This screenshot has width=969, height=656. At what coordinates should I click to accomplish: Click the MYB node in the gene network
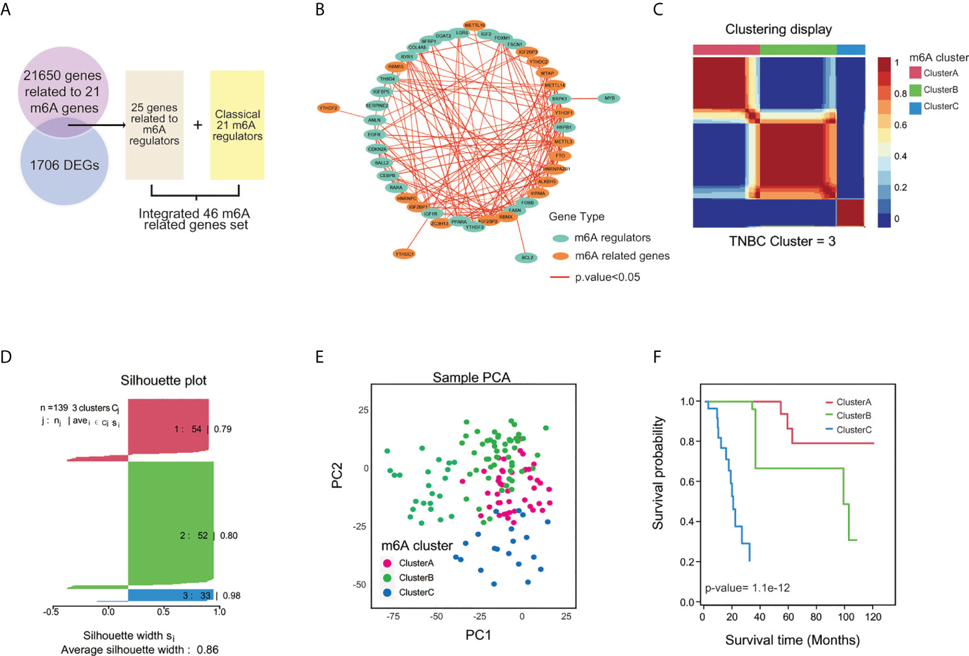tap(609, 98)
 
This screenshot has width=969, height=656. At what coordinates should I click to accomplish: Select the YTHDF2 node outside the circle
tap(328, 108)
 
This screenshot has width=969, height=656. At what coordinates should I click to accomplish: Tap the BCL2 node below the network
tap(526, 258)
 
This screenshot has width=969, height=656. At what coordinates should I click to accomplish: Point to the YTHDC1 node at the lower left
tap(404, 254)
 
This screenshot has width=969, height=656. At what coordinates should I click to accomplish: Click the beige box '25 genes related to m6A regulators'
tap(154, 125)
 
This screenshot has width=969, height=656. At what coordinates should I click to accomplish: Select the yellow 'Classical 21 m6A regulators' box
tap(237, 125)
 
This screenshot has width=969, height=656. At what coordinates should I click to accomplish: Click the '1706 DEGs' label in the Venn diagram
tap(65, 165)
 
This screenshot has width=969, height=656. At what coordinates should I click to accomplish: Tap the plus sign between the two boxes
tap(197, 125)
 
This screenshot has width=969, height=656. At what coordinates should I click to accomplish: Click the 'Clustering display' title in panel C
tap(778, 29)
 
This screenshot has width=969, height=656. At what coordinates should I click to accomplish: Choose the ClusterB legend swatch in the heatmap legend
tap(915, 90)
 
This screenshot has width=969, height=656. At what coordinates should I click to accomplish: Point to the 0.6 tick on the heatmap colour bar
tap(900, 125)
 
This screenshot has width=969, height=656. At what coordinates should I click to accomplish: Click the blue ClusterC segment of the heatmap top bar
tap(850, 50)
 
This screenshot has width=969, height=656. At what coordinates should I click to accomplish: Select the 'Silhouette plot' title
tap(163, 380)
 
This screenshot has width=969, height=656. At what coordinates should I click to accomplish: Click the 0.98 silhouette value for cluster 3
tap(232, 596)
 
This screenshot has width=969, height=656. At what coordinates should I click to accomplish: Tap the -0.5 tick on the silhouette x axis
tap(51, 612)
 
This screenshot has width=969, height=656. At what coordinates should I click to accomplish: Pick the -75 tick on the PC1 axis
tap(392, 616)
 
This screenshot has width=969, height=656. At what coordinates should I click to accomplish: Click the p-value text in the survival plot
tap(747, 588)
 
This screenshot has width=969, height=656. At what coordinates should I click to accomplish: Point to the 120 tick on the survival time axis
tap(873, 617)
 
